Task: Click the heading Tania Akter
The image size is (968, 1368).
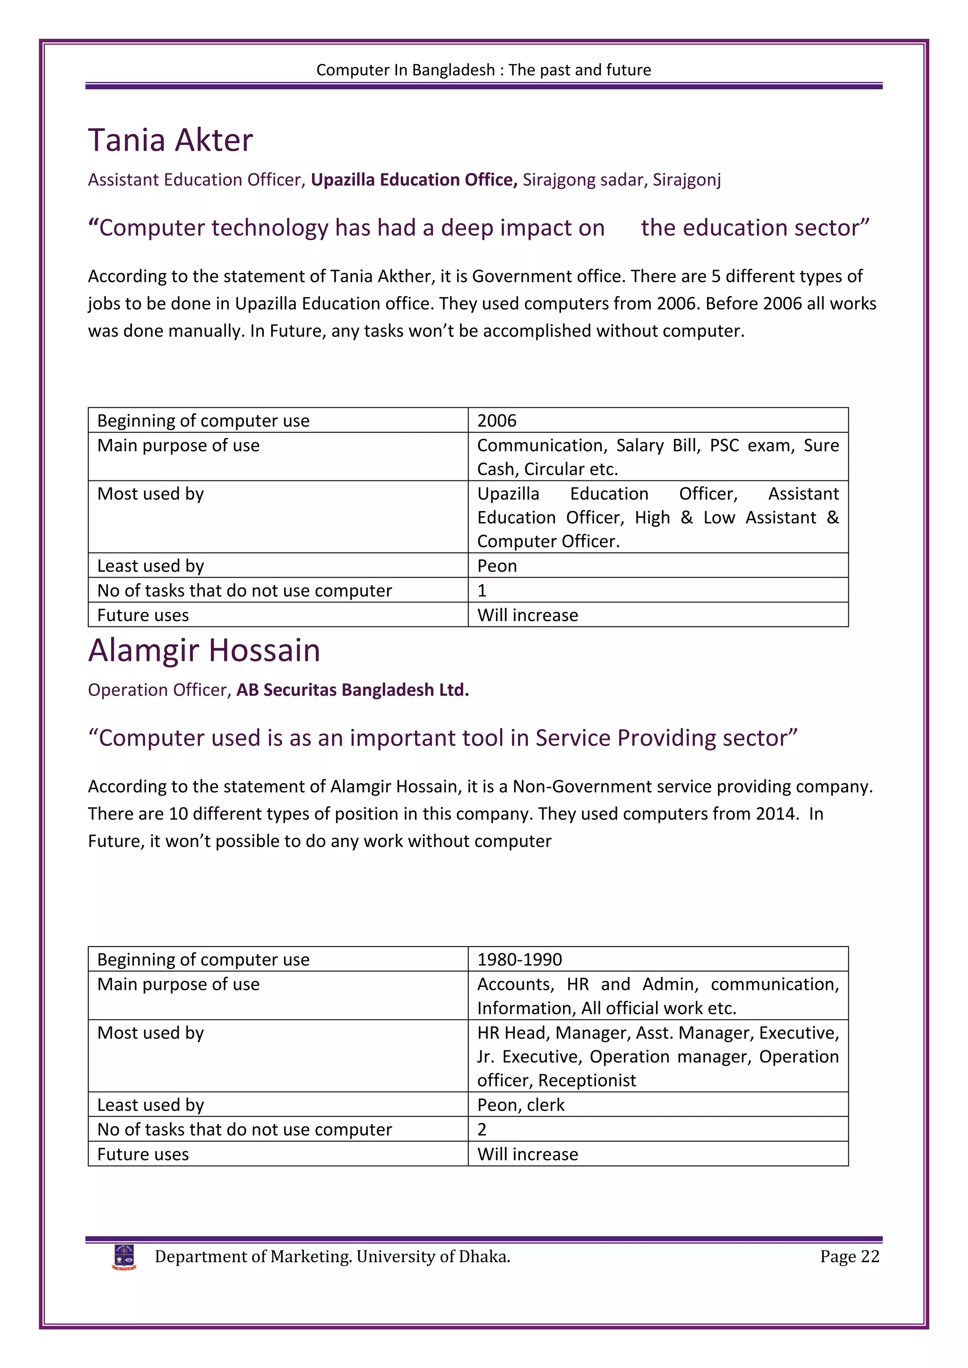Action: pyautogui.click(x=171, y=141)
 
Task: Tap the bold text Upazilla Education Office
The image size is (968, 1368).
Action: pyautogui.click(x=414, y=180)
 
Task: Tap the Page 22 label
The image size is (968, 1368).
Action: pyautogui.click(x=849, y=1257)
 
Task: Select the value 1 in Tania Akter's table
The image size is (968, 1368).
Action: pyautogui.click(x=482, y=590)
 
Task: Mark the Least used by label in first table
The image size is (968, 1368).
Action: pyautogui.click(x=150, y=566)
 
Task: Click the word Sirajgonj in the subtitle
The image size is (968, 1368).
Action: pyautogui.click(x=686, y=180)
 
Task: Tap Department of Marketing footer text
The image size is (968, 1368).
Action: pyautogui.click(x=332, y=1257)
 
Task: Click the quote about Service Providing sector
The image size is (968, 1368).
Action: pyautogui.click(x=442, y=738)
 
